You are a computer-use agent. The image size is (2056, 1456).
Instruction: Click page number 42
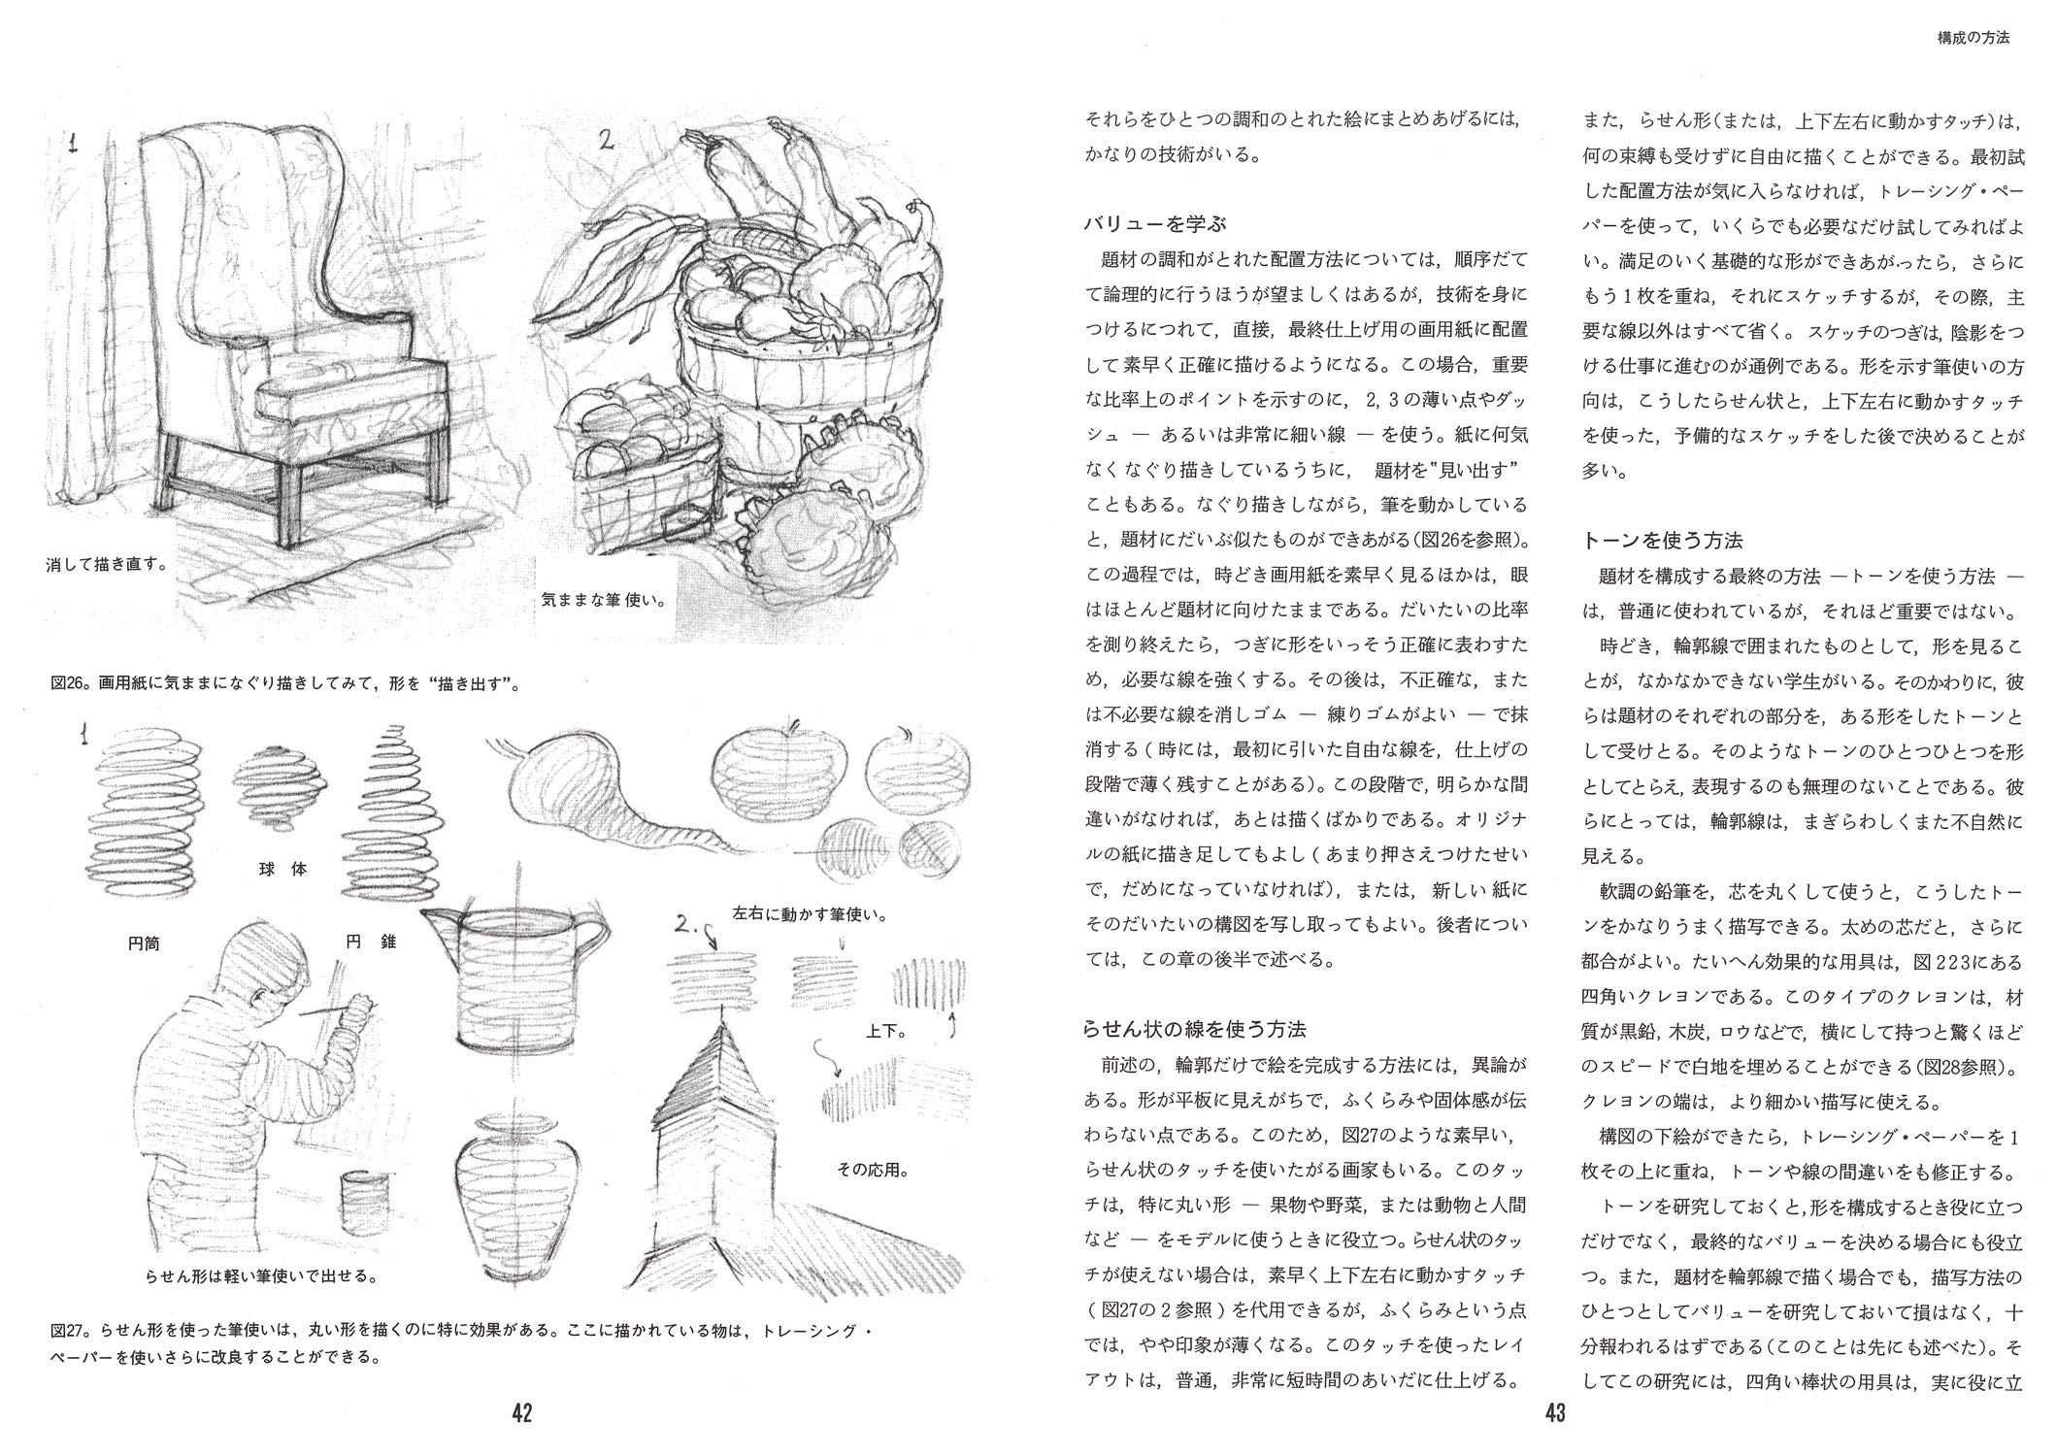(522, 1412)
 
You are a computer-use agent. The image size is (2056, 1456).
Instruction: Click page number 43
(1555, 1412)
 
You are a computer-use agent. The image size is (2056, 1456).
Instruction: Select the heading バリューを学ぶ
(1154, 224)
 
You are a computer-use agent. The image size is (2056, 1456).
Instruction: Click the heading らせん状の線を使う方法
(1195, 1029)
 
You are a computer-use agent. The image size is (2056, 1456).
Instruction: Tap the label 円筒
(144, 942)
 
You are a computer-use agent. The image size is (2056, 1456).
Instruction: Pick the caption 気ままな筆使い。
(603, 600)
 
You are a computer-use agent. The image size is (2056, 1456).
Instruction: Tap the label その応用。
(873, 1171)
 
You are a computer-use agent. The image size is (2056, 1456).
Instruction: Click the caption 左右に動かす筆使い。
(812, 914)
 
